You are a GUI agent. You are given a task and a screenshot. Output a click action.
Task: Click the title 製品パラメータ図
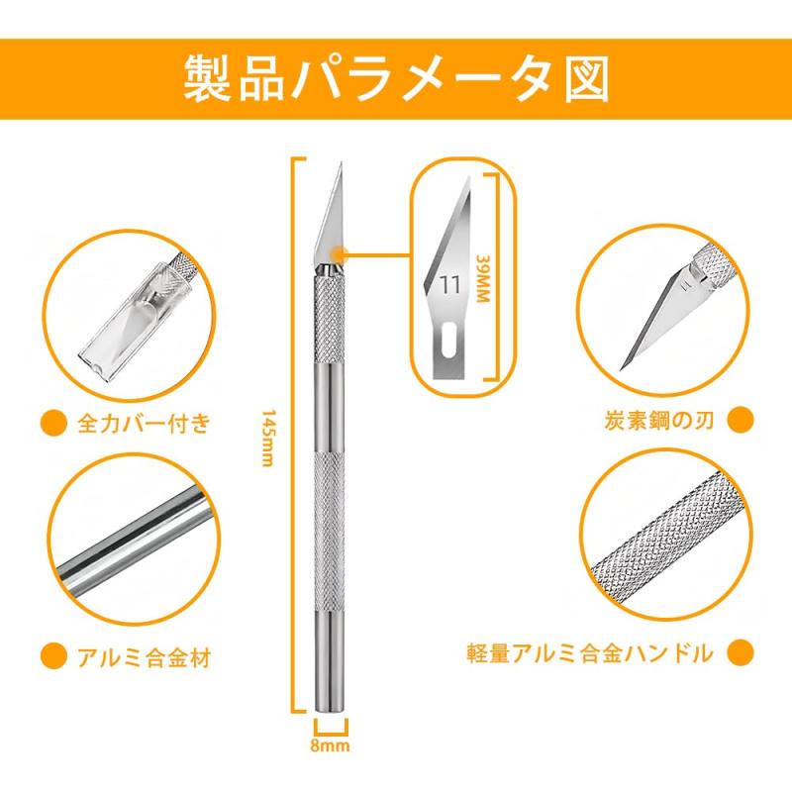coord(395,79)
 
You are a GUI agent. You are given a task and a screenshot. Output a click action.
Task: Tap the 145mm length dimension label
coord(268,438)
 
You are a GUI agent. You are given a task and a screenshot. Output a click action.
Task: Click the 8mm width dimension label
coord(330,745)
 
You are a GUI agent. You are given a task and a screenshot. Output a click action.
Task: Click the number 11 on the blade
coord(450,285)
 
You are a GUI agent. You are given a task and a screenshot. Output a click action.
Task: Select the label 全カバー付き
coord(144,424)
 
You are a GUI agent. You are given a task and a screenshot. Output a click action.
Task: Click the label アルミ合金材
coord(144,657)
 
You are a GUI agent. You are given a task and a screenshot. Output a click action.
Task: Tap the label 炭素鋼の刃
coord(659,420)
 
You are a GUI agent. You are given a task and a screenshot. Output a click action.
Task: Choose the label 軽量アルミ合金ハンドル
coord(590,653)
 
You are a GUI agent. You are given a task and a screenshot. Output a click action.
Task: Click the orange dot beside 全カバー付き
coord(53,423)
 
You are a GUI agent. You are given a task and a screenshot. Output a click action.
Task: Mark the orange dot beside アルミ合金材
coord(53,656)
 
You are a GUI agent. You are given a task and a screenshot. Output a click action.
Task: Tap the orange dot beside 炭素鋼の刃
coord(741,420)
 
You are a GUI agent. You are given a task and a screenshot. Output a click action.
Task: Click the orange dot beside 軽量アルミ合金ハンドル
coord(741,652)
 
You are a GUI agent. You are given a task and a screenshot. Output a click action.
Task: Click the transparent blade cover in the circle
coord(135,317)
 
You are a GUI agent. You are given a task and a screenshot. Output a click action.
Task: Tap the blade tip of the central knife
coord(342,162)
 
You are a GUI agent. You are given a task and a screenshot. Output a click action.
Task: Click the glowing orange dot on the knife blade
coord(340,253)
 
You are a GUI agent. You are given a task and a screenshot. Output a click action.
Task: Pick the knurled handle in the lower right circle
coord(667,537)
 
